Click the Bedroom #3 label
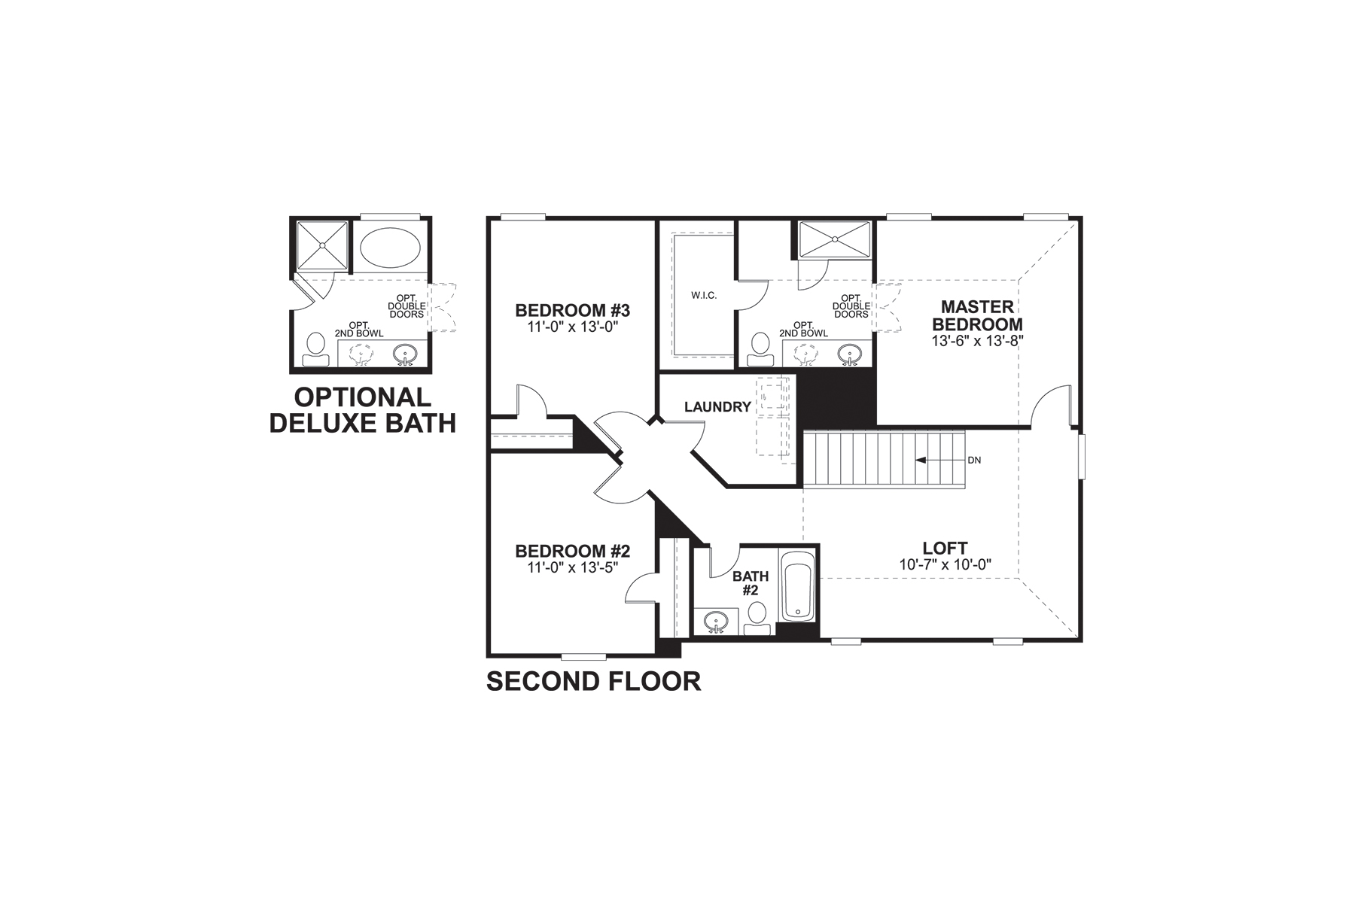click(572, 310)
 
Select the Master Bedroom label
click(977, 315)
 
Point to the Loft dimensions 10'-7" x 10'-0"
click(945, 564)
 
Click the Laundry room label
click(717, 407)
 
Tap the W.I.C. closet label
click(704, 295)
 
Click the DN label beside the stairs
click(974, 460)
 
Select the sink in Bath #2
click(716, 622)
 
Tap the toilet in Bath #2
click(758, 617)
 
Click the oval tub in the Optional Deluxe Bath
click(391, 245)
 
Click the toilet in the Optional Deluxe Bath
click(315, 350)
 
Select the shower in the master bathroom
click(834, 239)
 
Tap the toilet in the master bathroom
click(759, 350)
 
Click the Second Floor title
click(593, 682)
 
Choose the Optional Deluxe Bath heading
click(363, 410)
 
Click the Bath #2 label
click(751, 583)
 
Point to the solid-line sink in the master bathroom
click(851, 354)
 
